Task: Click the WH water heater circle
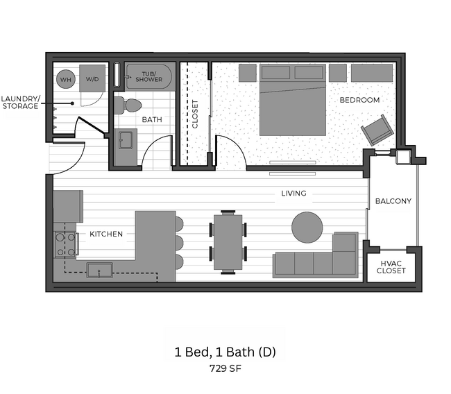pos(66,80)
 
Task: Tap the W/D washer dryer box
pos(92,80)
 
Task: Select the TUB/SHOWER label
pos(148,76)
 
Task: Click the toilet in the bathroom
pos(128,105)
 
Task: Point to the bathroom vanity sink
pos(125,142)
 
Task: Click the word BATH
pos(152,120)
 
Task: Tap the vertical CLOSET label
pos(195,114)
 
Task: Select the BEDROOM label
pos(359,100)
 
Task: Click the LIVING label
pos(293,194)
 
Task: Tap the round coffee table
pos(307,226)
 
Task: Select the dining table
pos(228,241)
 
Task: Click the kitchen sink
pos(99,269)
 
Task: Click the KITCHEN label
pos(106,234)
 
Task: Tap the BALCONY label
pos(393,202)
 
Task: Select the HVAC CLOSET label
pos(392,267)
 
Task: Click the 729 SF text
pos(225,369)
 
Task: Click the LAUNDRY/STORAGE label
pos(20,102)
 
